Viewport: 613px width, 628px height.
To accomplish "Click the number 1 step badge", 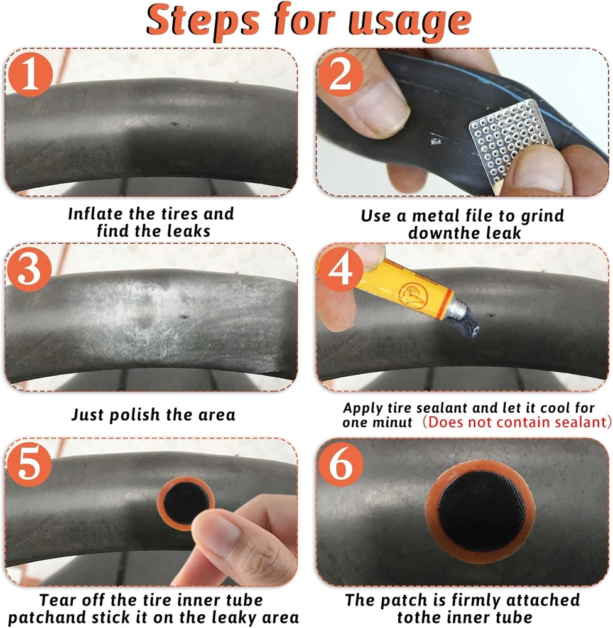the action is [30, 74].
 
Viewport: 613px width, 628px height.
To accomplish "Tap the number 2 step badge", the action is [340, 74].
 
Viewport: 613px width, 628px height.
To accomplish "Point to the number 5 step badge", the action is [30, 464].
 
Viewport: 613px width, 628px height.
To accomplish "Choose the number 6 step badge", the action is [340, 464].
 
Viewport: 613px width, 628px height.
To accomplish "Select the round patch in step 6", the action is [480, 511].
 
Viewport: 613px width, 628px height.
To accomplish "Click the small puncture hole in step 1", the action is [175, 124].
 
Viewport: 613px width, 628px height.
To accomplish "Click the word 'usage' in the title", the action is [410, 22].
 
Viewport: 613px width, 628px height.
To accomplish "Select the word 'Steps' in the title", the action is [203, 21].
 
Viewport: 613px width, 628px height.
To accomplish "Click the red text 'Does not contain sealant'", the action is [517, 422].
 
